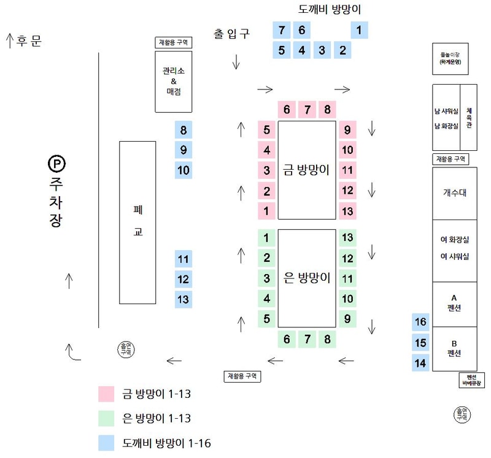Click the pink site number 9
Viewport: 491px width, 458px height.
(347, 130)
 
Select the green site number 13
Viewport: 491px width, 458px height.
(347, 238)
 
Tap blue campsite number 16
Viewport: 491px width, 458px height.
(420, 322)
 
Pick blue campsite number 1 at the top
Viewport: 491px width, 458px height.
(358, 30)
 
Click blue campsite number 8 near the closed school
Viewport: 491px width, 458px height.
(184, 130)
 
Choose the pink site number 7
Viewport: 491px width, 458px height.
(307, 110)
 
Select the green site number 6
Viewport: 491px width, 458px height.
(287, 339)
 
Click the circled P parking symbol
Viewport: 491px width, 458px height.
(56, 164)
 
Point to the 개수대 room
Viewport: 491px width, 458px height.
(454, 193)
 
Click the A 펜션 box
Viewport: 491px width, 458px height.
(454, 303)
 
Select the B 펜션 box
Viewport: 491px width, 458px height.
(454, 348)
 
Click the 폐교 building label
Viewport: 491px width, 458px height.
(137, 222)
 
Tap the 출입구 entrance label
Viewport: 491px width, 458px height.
(231, 34)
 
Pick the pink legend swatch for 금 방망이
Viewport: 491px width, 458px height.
(107, 394)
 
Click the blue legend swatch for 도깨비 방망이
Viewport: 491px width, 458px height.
(107, 443)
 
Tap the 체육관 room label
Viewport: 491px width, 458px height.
(469, 116)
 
